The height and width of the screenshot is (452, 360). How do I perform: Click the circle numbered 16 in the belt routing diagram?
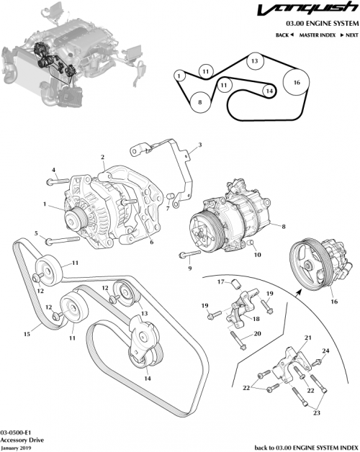(296, 83)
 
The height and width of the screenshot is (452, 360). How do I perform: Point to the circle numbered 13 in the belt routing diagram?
(253, 62)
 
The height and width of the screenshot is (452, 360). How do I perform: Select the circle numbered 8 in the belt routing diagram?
(201, 102)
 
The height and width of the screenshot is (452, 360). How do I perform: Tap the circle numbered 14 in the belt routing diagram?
(268, 91)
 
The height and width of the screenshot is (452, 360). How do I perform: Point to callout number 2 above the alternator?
(102, 157)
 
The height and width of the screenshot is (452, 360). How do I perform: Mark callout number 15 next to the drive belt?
(27, 334)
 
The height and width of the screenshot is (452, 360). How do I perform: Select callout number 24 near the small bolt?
(325, 351)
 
